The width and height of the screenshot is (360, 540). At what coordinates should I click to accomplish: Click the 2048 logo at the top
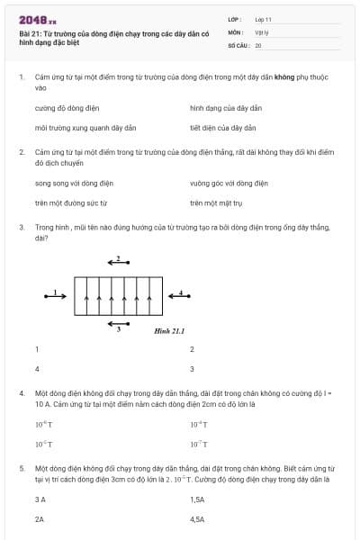(37, 19)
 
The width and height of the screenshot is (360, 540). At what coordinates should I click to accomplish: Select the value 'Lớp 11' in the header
(263, 19)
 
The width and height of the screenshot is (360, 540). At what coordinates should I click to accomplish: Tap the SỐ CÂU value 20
(258, 44)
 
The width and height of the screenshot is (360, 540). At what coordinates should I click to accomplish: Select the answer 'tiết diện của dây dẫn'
(222, 128)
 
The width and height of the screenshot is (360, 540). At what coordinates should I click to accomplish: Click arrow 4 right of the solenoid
(179, 294)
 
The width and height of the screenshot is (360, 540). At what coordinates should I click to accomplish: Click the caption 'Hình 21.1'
(169, 330)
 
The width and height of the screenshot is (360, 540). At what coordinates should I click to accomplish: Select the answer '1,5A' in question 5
(197, 499)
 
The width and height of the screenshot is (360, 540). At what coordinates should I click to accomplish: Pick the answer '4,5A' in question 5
(197, 518)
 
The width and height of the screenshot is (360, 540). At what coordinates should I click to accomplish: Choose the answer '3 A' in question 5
(40, 499)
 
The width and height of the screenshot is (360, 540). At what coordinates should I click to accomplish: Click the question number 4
(22, 393)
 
